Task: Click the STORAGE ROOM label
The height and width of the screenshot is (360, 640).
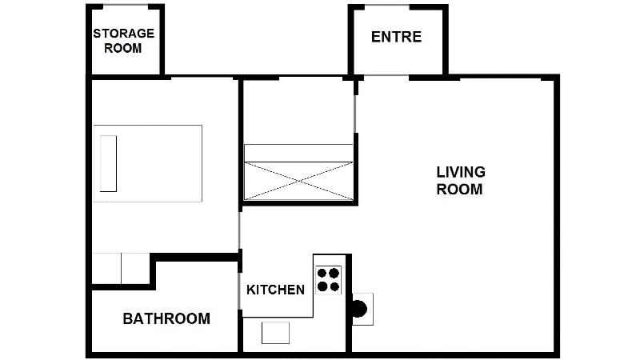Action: (x=124, y=41)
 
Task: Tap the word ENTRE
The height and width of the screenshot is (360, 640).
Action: (x=396, y=37)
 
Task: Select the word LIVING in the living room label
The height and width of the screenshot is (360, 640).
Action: (x=461, y=172)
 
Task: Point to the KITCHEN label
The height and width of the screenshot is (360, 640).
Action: (x=275, y=290)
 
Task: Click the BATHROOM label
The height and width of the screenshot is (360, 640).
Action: (x=166, y=318)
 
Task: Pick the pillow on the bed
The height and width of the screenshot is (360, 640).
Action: (x=108, y=164)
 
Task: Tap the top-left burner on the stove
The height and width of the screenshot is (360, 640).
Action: (x=322, y=273)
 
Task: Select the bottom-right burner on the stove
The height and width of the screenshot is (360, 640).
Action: (x=334, y=287)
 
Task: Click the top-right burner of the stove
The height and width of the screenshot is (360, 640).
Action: (x=334, y=273)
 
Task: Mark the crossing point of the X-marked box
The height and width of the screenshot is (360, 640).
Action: (x=298, y=181)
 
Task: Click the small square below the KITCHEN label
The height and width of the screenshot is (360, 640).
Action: (x=275, y=333)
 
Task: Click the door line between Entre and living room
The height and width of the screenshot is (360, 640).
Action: (x=386, y=75)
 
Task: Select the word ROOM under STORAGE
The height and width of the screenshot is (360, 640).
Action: (x=123, y=48)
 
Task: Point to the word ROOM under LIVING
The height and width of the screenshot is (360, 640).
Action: (x=459, y=190)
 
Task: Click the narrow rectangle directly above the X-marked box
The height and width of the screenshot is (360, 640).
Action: (x=298, y=153)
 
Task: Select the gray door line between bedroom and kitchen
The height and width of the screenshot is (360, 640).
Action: (x=239, y=230)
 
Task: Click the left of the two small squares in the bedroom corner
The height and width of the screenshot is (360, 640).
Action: (x=106, y=268)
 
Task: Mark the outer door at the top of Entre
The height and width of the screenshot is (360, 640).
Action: (x=387, y=6)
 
